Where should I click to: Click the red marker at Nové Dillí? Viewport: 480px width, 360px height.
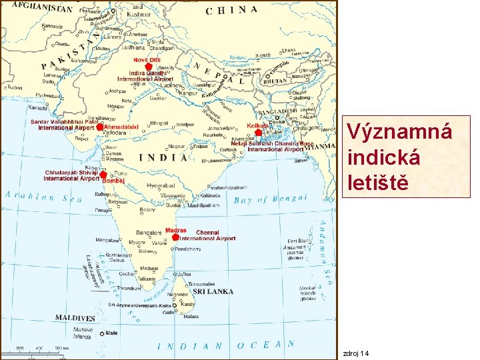(149, 67)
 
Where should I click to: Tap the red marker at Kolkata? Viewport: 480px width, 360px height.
(259, 133)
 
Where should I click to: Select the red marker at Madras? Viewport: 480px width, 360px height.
(175, 237)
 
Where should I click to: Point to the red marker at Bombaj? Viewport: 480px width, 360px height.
(103, 175)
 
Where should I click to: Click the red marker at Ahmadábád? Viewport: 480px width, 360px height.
(101, 126)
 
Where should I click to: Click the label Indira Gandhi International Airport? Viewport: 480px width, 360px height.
(145, 76)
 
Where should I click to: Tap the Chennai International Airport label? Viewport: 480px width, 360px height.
(207, 235)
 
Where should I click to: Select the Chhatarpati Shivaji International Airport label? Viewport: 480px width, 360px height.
(72, 175)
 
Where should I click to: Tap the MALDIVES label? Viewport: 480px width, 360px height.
(75, 318)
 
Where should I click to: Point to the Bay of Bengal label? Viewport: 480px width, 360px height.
(270, 199)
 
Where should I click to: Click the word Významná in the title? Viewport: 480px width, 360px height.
(399, 131)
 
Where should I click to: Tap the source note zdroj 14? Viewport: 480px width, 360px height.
(355, 353)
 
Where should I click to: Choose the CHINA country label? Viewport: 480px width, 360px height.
(231, 10)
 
